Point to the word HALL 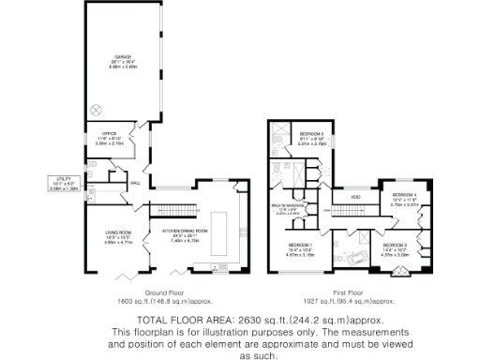pos(135,182)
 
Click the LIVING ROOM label pos(117,235)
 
